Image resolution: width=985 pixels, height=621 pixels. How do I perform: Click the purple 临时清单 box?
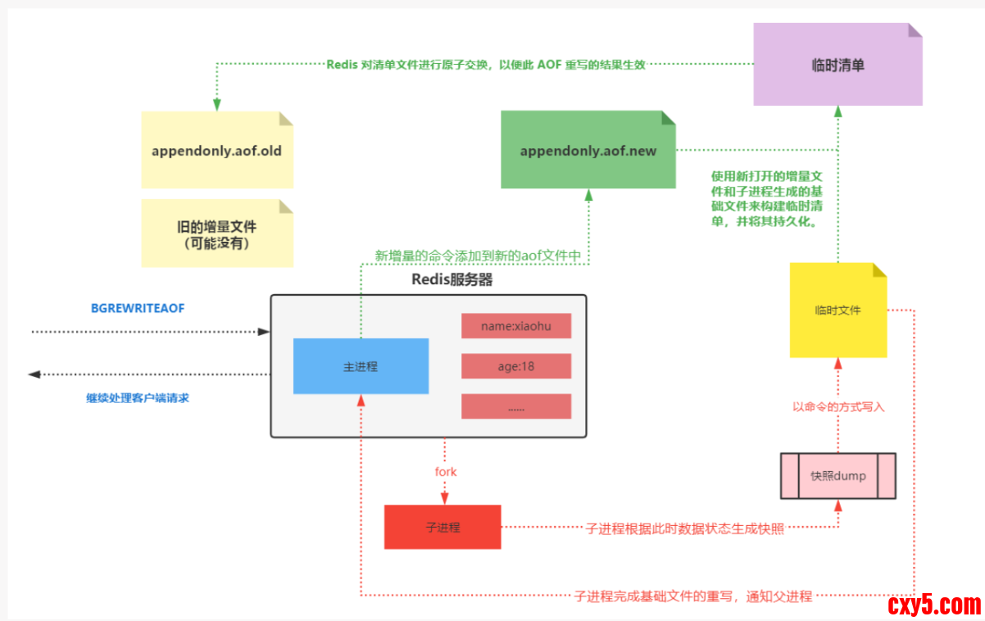[x=837, y=65]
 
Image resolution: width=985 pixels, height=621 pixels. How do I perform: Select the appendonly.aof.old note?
[x=216, y=151]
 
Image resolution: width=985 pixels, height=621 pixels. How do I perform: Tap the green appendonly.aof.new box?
[x=588, y=151]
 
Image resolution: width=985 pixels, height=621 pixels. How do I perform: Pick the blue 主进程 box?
[x=361, y=366]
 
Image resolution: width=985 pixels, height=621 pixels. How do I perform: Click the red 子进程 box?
[x=443, y=527]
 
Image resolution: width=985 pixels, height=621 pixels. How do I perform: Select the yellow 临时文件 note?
[x=837, y=310]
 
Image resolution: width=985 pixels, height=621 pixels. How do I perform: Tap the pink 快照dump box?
[x=837, y=476]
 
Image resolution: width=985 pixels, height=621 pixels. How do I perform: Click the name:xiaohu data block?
[x=515, y=325]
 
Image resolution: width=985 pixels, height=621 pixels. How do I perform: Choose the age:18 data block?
[x=515, y=366]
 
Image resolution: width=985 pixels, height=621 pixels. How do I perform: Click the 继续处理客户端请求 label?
[x=138, y=398]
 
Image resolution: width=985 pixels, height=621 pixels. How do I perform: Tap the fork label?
[x=446, y=472]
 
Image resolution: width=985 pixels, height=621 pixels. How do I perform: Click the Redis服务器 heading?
[x=452, y=279]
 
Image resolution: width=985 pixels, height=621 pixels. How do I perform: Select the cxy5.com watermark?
[x=933, y=605]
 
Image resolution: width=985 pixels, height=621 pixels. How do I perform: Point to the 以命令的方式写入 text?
[x=838, y=406]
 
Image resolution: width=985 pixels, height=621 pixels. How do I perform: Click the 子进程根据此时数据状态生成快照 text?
[x=685, y=528]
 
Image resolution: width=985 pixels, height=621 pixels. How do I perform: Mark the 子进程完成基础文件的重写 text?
[x=693, y=596]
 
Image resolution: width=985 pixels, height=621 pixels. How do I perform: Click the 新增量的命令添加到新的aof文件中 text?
[x=478, y=256]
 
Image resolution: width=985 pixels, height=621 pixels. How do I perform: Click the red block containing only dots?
[x=515, y=406]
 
